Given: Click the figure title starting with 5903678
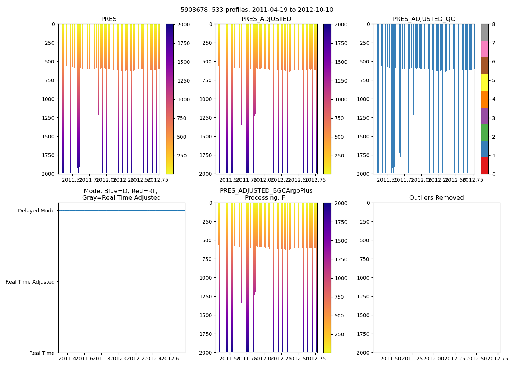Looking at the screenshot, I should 257,10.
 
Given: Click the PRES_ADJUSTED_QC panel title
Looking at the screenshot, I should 423,19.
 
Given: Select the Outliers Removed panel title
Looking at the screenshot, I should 437,198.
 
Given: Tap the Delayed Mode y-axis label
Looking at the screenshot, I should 36,211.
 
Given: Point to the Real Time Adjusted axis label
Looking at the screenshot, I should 30,282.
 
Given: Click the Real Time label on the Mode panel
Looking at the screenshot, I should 42,353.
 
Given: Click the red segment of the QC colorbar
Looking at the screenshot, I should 485,166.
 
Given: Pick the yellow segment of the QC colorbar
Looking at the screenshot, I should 485,82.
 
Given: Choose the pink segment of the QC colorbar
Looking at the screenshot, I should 485,49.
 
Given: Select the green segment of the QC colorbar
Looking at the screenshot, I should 485,132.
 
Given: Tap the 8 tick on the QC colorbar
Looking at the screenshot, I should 494,24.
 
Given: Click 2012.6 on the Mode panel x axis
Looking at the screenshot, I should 170,359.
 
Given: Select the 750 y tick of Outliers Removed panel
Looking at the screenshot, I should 365,259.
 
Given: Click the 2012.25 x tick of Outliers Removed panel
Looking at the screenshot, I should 455,359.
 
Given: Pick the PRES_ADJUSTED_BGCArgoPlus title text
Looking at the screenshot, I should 266,191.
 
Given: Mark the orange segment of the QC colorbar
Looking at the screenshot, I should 485,99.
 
